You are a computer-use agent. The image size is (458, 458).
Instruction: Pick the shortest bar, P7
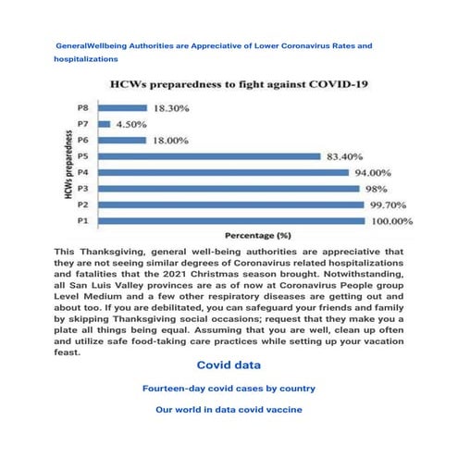click(x=103, y=124)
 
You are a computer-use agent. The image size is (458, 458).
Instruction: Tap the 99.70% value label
click(x=390, y=204)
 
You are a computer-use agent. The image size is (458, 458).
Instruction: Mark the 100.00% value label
click(x=393, y=222)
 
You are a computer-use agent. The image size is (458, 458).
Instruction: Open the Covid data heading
click(x=229, y=365)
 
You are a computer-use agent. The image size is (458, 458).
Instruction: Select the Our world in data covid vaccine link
click(x=229, y=408)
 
